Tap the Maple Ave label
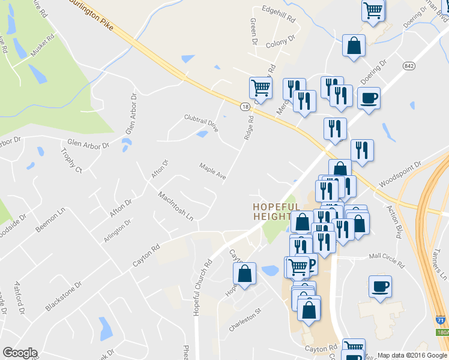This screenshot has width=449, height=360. pyautogui.click(x=212, y=170)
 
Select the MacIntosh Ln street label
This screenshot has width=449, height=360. pyautogui.click(x=176, y=205)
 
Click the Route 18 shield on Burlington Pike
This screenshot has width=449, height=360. pyautogui.click(x=246, y=106)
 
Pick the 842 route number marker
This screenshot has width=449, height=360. pyautogui.click(x=409, y=65)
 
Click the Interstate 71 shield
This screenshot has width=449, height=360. pyautogui.click(x=441, y=322)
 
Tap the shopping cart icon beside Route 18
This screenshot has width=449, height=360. pyautogui.click(x=261, y=88)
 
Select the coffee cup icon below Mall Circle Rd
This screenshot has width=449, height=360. pyautogui.click(x=380, y=286)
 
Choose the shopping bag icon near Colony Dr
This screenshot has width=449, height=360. pyautogui.click(x=354, y=45)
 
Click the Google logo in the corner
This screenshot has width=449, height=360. pyautogui.click(x=20, y=352)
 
